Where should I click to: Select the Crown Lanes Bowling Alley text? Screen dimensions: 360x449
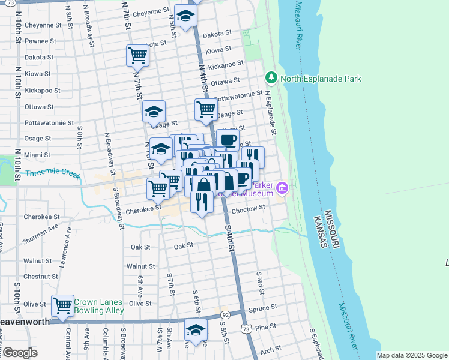coord(99,306)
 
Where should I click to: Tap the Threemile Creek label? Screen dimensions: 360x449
coord(53,174)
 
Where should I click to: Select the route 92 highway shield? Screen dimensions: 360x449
coord(225,314)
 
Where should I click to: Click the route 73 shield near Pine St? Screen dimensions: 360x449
coord(244,329)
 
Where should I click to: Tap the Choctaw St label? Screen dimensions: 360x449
coord(248,208)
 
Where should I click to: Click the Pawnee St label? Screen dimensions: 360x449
coord(40,41)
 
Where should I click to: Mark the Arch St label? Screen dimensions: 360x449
coord(271,349)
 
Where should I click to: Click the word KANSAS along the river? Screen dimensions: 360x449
coord(322,232)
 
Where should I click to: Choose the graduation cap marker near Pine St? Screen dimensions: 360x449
coord(195,330)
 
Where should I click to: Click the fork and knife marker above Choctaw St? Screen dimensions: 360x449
coord(202,201)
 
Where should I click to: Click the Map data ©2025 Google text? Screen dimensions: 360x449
coord(412,355)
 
